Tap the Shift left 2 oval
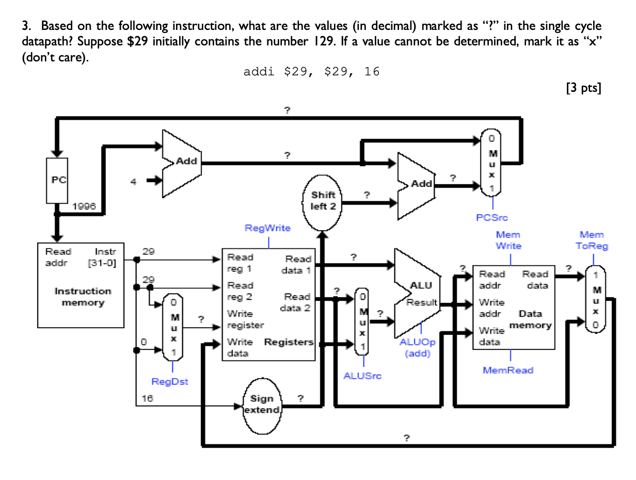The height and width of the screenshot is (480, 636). pos(323,201)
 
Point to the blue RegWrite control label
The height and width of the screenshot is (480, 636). pos(267,228)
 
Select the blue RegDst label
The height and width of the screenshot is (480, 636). pos(170,382)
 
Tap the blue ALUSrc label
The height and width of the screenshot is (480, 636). pos(362,376)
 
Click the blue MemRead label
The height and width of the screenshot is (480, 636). pos(508,370)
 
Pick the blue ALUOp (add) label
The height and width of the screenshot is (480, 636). pos(417,348)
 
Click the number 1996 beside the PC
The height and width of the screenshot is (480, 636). pos(84,206)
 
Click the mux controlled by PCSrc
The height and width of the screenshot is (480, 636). pos(491,163)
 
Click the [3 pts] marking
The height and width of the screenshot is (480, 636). pos(583,88)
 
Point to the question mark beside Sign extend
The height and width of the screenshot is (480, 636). pos(300,398)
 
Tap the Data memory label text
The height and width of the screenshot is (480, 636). pos(531,319)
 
